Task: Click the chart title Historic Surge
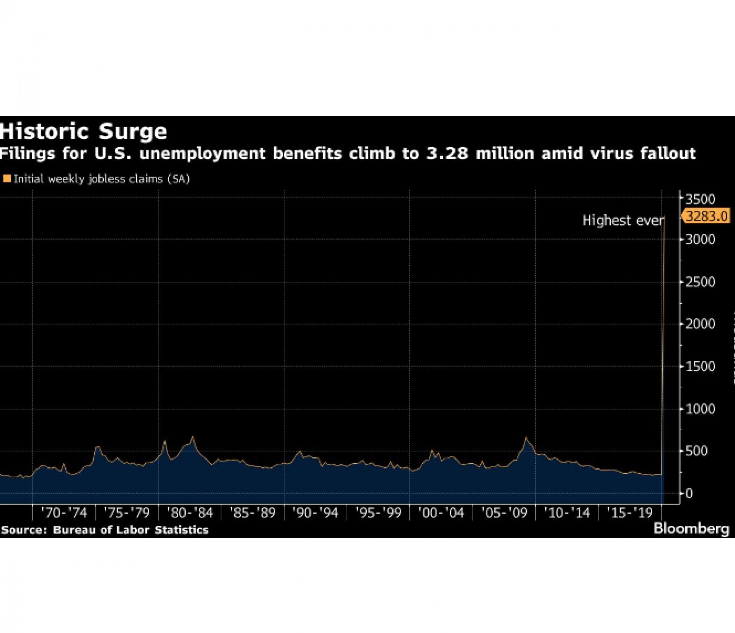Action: [x=83, y=132]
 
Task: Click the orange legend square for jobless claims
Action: [x=7, y=179]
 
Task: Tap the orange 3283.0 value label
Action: [x=706, y=216]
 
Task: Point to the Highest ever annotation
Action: [x=623, y=220]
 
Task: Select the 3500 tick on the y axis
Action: [x=700, y=199]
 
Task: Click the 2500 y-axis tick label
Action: [x=700, y=282]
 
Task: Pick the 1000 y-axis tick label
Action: [x=700, y=409]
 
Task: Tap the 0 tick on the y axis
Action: [x=689, y=494]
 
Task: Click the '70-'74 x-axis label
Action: [x=64, y=513]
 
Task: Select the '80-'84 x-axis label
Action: [x=190, y=513]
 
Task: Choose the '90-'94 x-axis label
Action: [x=315, y=513]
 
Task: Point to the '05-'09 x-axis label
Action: [x=504, y=513]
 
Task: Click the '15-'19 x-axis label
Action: [x=630, y=513]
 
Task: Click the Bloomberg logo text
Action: [x=691, y=529]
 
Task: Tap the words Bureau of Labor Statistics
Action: [x=131, y=530]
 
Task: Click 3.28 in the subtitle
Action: [x=447, y=153]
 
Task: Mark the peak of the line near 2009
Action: [x=526, y=438]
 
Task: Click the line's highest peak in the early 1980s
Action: [x=193, y=437]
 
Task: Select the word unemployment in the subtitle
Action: [x=203, y=153]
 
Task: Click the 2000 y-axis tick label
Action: [x=700, y=324]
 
